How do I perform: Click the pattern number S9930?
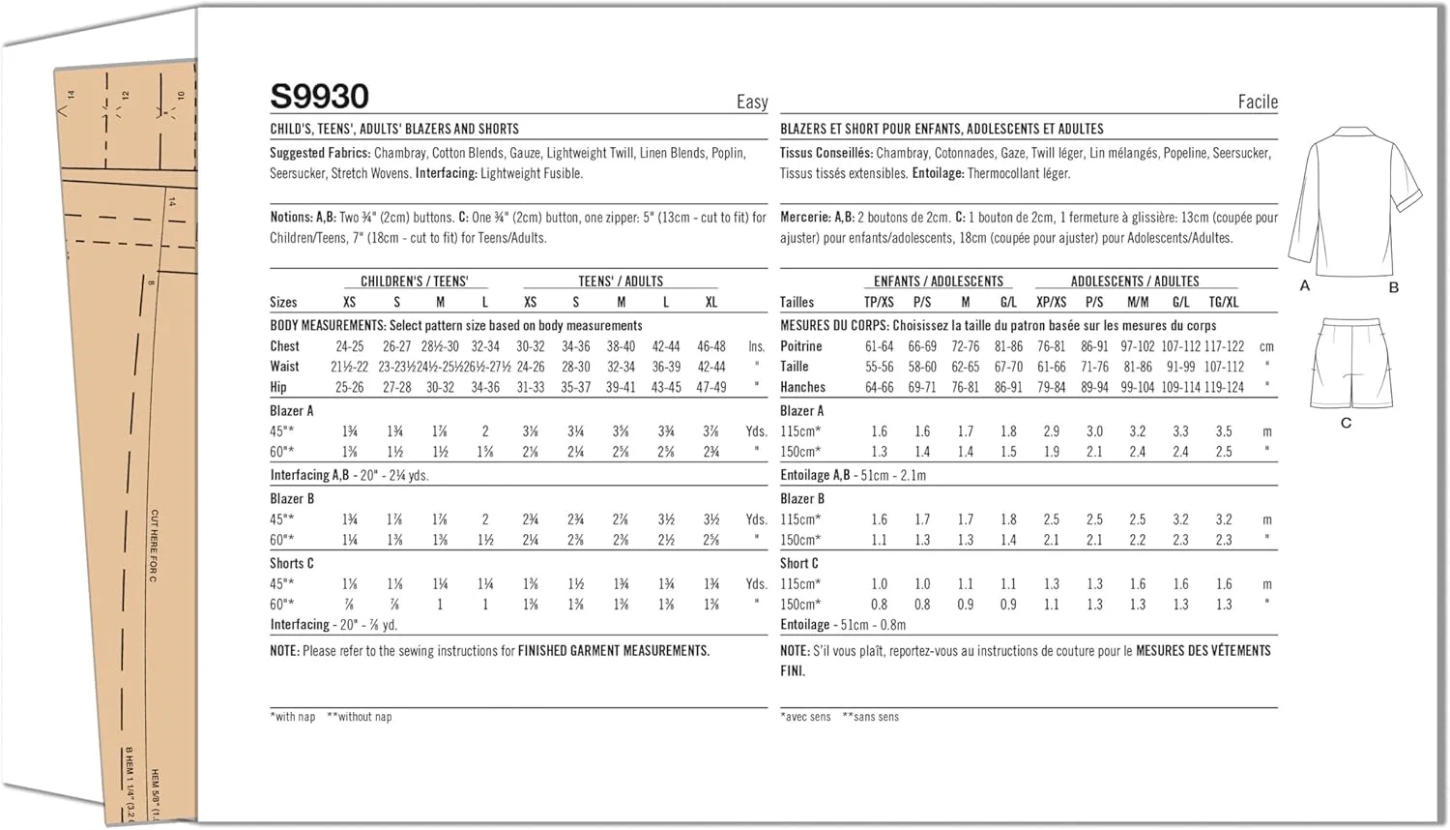pos(319,97)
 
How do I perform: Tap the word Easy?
pos(752,102)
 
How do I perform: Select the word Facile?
pos(1257,102)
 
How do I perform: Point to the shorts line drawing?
pos(1351,365)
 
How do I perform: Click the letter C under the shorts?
pos(1346,423)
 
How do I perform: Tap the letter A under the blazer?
pos(1305,286)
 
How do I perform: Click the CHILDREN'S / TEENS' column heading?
pos(414,282)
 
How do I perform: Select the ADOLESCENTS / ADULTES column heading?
pos(1134,282)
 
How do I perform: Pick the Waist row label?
pos(285,367)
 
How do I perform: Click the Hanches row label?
pos(802,387)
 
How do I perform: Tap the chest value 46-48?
pos(711,346)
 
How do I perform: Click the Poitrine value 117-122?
pos(1224,346)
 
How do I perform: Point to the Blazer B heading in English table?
pos(292,499)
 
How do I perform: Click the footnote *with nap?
pos(293,717)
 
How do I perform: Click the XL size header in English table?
pos(711,302)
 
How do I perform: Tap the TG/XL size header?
pos(1223,302)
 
